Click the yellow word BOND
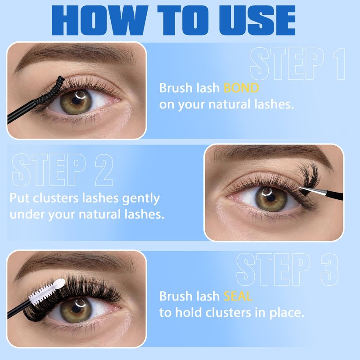point(241,88)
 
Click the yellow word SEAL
point(238,296)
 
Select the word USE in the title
point(257,20)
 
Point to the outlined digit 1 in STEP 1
point(340,64)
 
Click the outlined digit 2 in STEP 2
point(104,170)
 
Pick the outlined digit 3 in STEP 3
point(329,270)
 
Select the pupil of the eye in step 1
point(76,100)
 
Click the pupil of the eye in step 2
point(271,198)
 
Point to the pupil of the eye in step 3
point(76,308)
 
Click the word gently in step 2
point(141,199)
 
